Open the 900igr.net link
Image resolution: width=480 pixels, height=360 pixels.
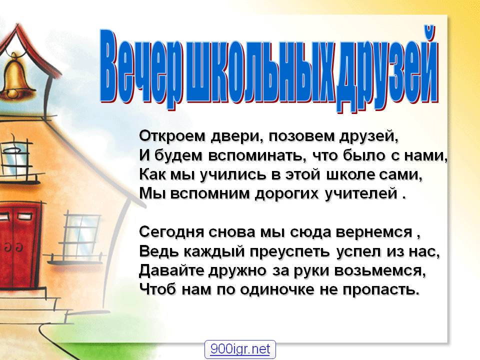[x=240, y=349]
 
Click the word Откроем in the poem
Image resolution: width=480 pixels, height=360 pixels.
[x=172, y=136]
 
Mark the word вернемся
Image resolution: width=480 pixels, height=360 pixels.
[x=374, y=232]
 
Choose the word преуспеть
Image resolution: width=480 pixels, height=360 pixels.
[x=289, y=252]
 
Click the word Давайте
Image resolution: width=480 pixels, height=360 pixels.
[x=171, y=270]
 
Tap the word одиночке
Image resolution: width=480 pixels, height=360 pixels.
[x=276, y=289]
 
